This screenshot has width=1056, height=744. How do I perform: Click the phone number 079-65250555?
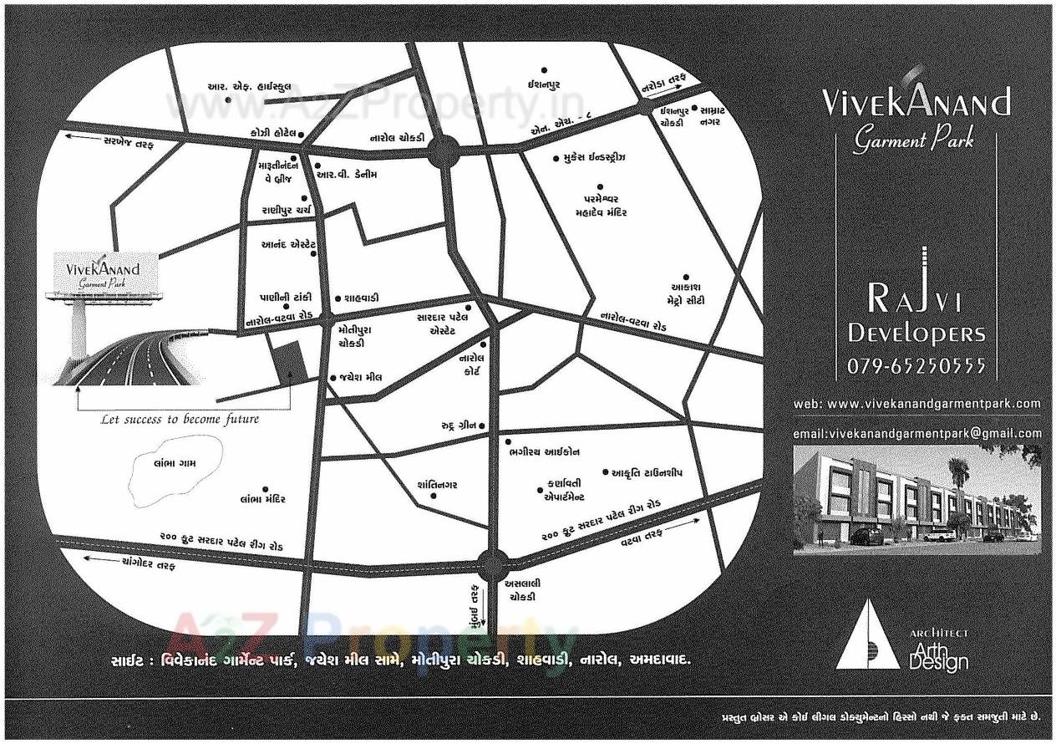click(916, 366)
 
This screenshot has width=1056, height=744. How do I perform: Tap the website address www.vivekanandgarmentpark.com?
click(916, 403)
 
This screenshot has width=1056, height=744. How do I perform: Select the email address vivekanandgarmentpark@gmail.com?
click(916, 433)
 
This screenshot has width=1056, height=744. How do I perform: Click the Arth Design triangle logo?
click(868, 635)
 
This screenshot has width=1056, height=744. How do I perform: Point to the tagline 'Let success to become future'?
click(180, 419)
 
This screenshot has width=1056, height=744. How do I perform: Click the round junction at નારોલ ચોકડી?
click(443, 153)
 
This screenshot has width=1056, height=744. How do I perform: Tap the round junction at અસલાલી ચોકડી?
click(493, 565)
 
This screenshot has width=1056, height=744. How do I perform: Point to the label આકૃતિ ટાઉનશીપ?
click(647, 472)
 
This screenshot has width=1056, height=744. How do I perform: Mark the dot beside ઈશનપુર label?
click(544, 70)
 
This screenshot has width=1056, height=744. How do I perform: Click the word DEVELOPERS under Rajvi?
click(916, 334)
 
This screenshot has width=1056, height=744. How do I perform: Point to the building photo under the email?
click(916, 500)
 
